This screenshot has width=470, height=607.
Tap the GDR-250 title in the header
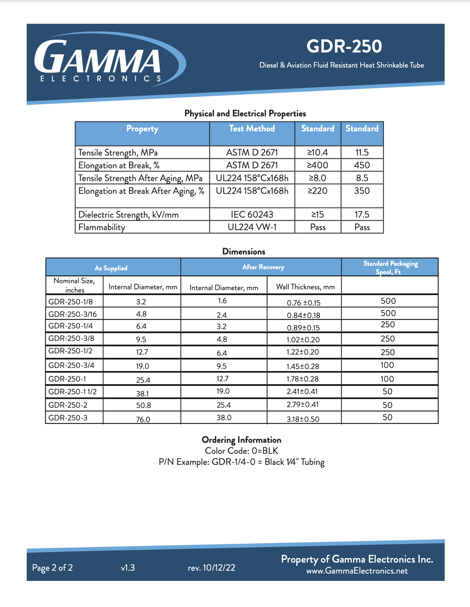344,46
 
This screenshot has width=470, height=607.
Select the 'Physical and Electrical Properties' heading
245,114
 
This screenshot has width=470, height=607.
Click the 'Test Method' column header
252,129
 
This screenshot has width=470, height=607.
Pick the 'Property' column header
142,129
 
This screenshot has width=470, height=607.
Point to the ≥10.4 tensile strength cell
318,153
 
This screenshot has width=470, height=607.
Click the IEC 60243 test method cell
252,215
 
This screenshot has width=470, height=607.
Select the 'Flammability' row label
102,227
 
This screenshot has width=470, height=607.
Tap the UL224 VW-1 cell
252,227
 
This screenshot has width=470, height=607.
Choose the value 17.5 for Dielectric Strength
362,215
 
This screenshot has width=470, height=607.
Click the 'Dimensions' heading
244,252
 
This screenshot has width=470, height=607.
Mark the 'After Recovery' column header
263,267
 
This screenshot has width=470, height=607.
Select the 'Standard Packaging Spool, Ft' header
390,268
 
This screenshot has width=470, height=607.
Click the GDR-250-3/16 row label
73,314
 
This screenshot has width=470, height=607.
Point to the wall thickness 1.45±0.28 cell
303,366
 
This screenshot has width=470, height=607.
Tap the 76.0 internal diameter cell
143,419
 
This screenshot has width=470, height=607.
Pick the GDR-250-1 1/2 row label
73,392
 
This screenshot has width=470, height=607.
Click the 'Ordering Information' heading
242,440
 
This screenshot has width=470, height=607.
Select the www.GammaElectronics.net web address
357,571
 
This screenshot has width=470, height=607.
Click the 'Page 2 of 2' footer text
52,568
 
